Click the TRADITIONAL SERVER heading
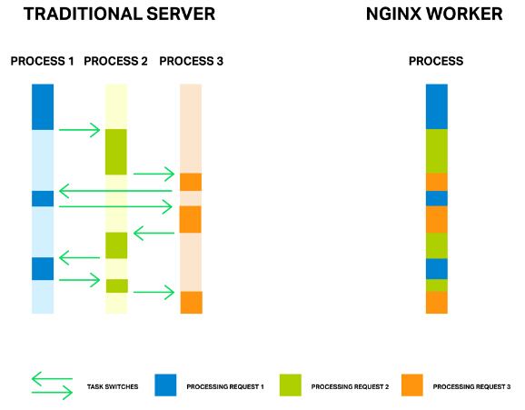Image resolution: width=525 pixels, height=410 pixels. [119, 14]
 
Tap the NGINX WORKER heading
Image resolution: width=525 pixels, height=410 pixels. [434, 14]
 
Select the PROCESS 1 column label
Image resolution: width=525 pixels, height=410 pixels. [42, 61]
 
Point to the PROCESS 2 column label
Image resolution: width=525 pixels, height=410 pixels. [115, 61]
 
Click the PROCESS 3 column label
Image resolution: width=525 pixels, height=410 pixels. [191, 61]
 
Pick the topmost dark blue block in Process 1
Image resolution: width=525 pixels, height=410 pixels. [43, 107]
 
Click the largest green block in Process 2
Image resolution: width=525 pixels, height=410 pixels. [116, 152]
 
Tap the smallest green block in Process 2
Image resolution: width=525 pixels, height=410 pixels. [117, 286]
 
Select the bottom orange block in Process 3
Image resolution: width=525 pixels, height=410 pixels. [191, 303]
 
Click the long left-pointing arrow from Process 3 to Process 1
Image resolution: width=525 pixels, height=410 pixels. [115, 191]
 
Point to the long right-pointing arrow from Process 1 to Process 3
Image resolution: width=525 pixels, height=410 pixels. [115, 206]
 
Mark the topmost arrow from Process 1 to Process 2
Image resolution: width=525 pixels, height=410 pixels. [79, 130]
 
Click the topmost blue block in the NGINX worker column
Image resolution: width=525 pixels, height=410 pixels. [437, 106]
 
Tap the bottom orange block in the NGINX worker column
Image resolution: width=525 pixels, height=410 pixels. [437, 303]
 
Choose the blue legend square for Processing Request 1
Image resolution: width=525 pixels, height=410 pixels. [165, 385]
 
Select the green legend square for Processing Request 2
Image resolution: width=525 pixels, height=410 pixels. [291, 385]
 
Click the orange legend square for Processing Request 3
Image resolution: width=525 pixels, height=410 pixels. [412, 385]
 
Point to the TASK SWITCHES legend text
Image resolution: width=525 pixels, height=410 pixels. [113, 387]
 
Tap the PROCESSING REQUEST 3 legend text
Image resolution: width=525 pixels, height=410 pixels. [471, 387]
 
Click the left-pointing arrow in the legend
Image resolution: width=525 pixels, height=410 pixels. [52, 379]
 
